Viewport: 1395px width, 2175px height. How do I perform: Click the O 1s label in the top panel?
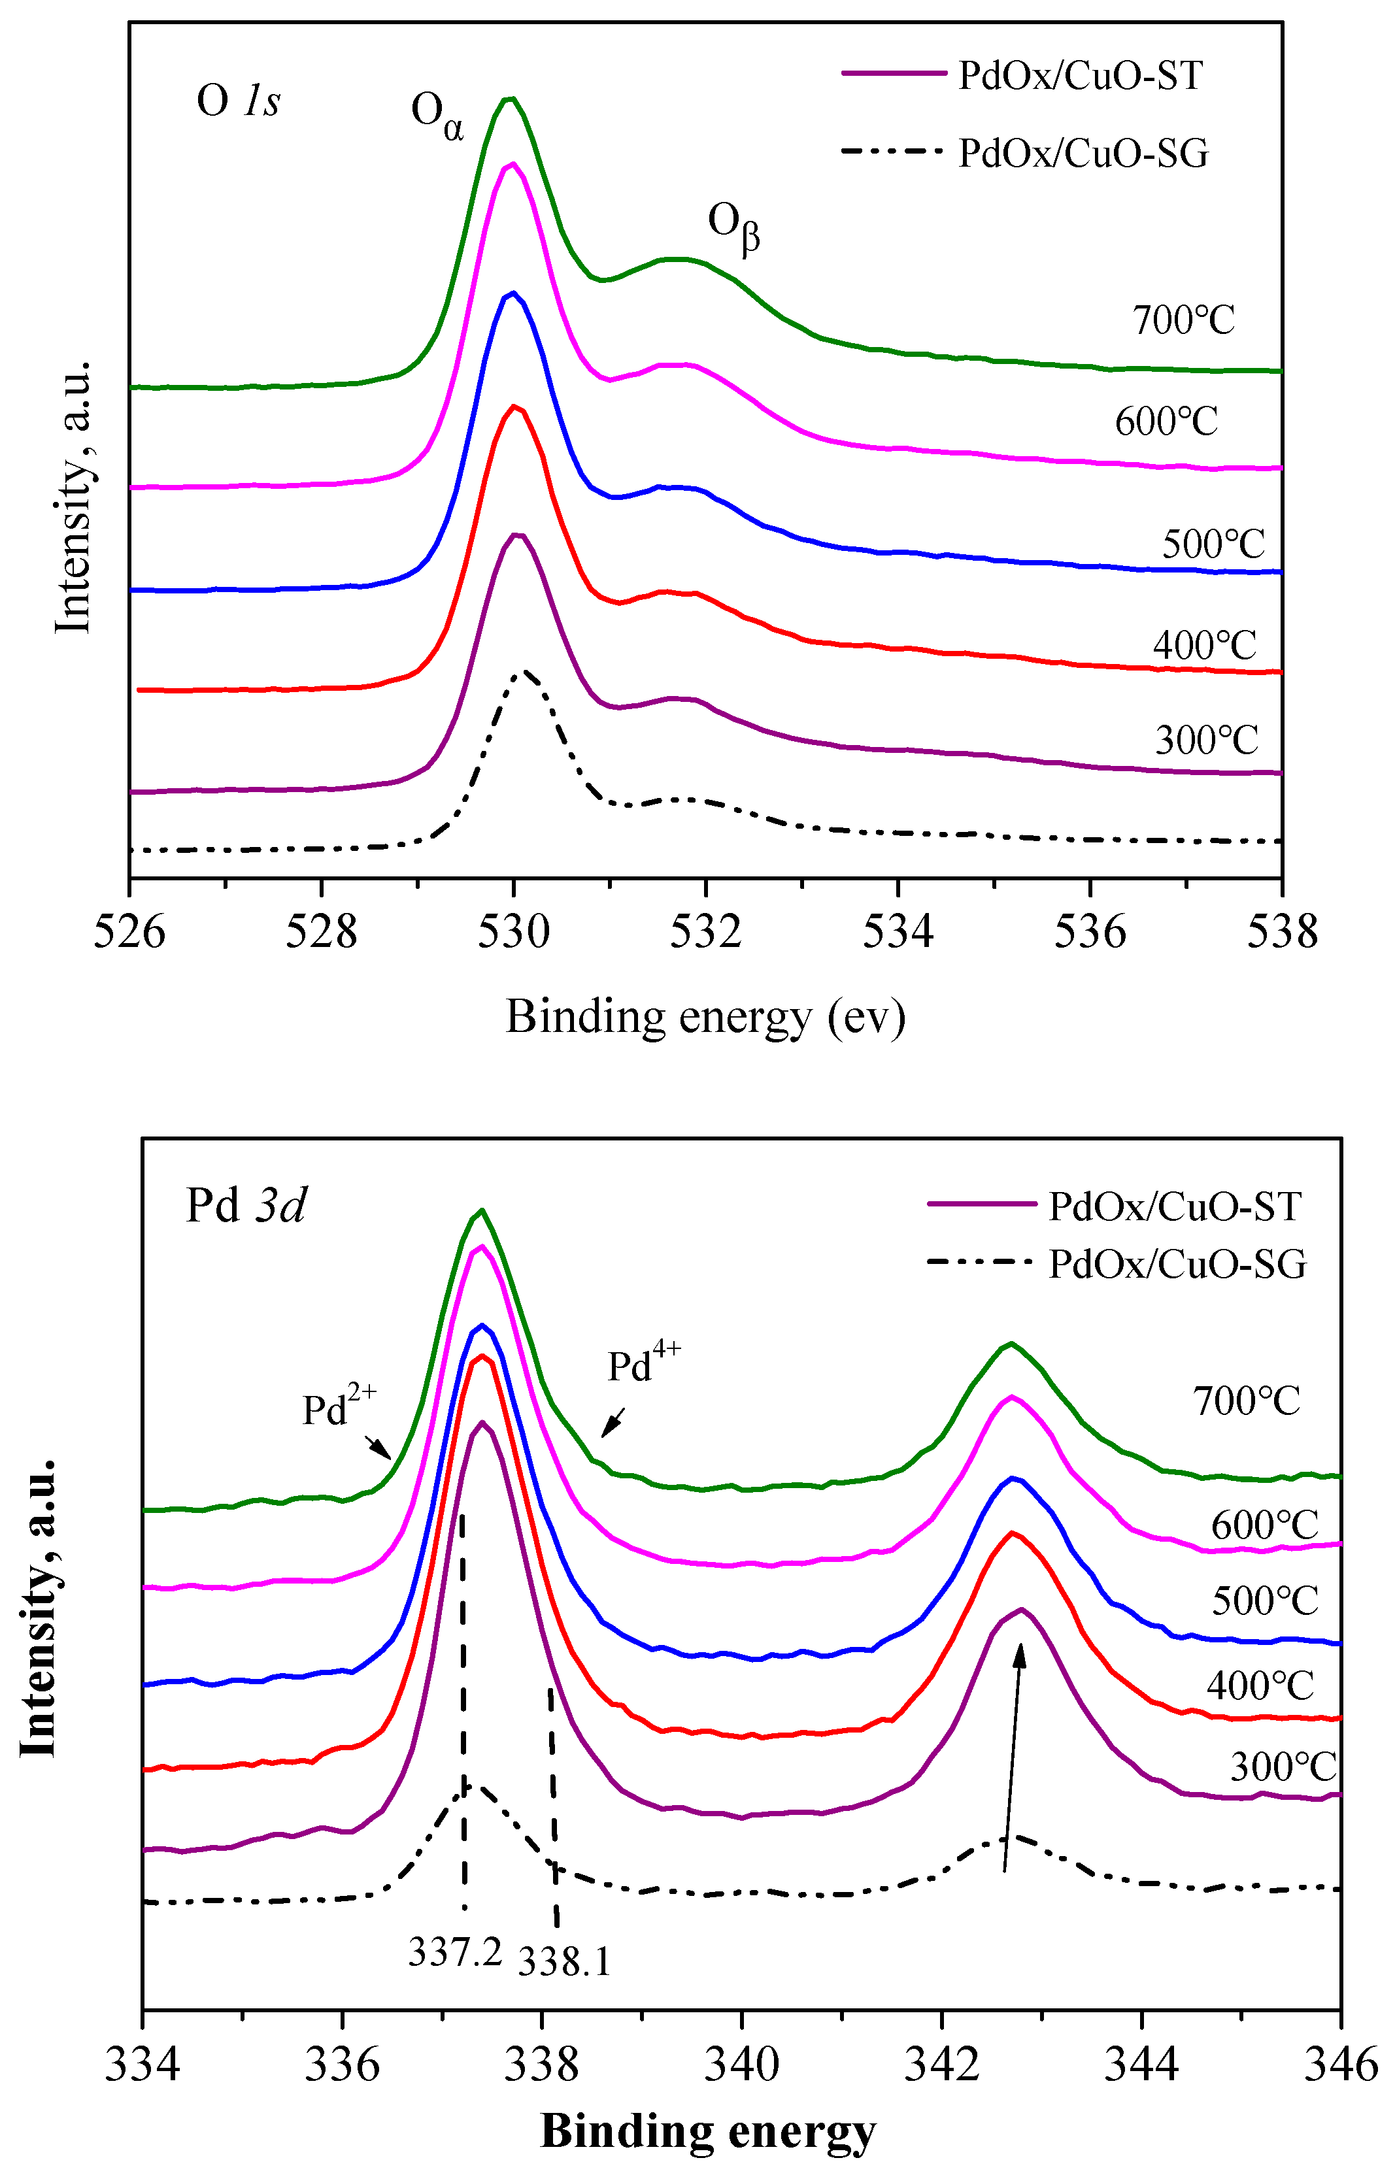238,101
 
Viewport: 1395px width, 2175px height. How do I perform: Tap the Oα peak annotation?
437,115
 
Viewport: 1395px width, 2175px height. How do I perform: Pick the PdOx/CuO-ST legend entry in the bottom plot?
1175,1207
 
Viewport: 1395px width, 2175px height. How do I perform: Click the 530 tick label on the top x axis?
514,932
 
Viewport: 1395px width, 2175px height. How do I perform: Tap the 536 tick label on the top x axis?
1090,932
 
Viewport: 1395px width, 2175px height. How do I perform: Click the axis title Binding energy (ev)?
705,1017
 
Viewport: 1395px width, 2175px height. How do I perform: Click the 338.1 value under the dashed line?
564,1961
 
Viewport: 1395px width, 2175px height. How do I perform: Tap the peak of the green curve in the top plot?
510,99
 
